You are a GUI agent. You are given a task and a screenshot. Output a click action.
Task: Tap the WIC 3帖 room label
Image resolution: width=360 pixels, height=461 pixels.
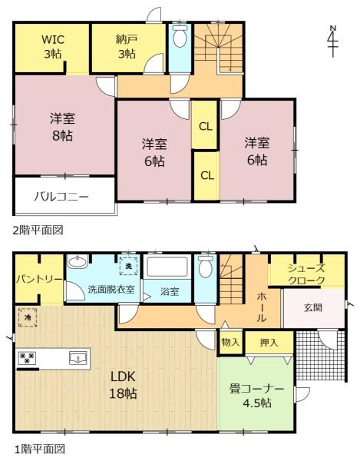[x=52, y=45]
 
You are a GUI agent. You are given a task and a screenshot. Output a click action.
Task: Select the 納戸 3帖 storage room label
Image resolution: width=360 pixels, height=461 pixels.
[x=125, y=45]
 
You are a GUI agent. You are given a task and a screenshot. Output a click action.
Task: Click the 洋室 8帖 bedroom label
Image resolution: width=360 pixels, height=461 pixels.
[x=63, y=125]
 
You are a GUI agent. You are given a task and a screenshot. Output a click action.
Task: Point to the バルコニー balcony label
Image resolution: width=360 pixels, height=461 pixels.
[x=61, y=196]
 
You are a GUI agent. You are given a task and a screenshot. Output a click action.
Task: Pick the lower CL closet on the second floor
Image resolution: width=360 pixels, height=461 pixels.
[x=206, y=175]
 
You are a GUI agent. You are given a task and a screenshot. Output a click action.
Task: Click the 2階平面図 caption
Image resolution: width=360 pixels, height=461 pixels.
[x=37, y=229]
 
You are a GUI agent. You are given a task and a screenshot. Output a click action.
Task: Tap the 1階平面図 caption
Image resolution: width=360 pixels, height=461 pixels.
[x=37, y=449]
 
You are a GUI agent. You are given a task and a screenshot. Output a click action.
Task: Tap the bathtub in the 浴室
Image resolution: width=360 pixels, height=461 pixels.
[x=167, y=268]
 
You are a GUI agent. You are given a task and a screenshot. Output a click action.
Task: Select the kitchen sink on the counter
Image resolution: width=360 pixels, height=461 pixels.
[x=75, y=357]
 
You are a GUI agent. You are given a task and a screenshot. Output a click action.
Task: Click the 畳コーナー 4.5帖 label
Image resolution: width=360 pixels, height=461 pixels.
[x=256, y=396]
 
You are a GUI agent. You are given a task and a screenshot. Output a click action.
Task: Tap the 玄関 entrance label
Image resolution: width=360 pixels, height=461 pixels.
[x=313, y=308]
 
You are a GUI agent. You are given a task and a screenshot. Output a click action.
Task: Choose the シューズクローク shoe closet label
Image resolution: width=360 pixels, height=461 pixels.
[x=306, y=274]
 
